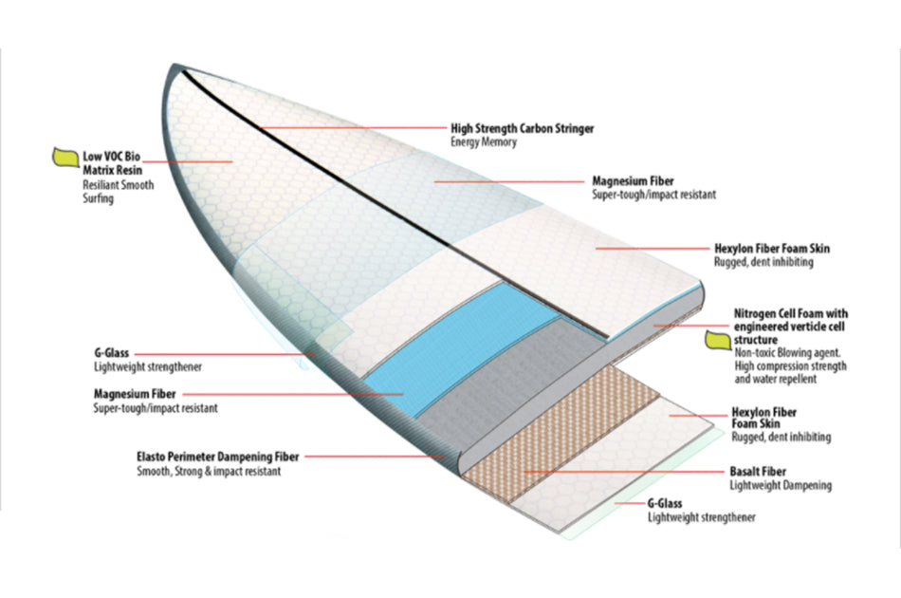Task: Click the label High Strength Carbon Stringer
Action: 522,128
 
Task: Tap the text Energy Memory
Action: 484,142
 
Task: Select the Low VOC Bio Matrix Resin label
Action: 111,161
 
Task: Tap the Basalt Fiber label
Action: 758,471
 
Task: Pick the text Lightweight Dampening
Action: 781,485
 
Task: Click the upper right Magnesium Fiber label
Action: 634,179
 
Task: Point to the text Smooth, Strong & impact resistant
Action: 208,471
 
